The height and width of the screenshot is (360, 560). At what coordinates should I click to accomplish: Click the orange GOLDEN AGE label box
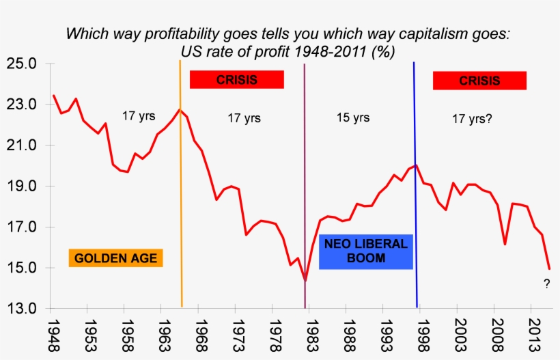[115, 258]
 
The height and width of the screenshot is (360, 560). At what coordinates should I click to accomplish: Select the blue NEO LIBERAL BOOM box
[365, 251]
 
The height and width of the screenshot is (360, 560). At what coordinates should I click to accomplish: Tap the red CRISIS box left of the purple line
[236, 80]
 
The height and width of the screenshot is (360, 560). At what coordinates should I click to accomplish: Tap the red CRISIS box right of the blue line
[479, 81]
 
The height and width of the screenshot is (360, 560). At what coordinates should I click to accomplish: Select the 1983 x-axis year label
[310, 335]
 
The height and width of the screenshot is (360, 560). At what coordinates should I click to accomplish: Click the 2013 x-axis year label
[531, 335]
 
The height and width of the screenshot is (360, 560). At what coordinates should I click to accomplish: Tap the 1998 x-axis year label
[421, 335]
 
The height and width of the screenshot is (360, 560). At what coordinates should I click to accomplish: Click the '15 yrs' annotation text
[353, 117]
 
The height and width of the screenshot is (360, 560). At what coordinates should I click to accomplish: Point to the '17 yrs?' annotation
[472, 118]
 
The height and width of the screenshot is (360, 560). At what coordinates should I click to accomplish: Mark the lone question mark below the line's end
[546, 284]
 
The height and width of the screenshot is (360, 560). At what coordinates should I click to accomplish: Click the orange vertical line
[181, 205]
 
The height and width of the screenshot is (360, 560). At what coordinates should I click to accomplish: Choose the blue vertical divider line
[415, 205]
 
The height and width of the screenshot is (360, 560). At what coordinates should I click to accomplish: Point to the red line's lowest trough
[305, 280]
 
